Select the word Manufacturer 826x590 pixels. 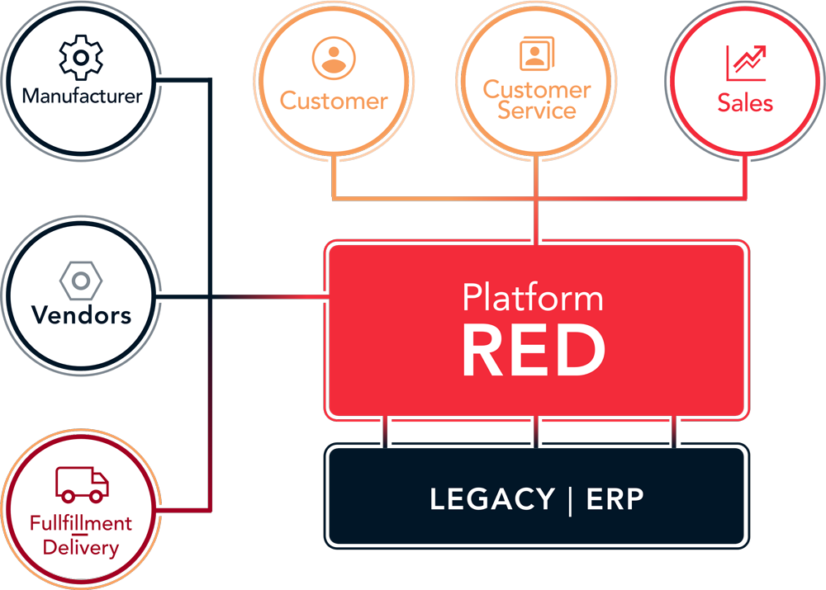[x=82, y=96]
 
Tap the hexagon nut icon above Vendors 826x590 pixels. [x=81, y=281]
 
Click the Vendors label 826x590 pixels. [x=81, y=315]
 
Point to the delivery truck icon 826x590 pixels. [x=82, y=484]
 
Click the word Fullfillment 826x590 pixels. [x=81, y=523]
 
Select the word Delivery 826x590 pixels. [x=81, y=547]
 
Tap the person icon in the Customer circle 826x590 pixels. [x=334, y=58]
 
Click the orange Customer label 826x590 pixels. [x=334, y=101]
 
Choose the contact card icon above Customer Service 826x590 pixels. [x=537, y=54]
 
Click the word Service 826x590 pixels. [x=537, y=111]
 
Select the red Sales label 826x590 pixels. [x=745, y=103]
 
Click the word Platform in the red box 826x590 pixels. [x=533, y=297]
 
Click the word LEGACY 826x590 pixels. [x=492, y=499]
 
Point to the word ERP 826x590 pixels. [x=615, y=499]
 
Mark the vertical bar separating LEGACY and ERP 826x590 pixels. [x=570, y=500]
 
